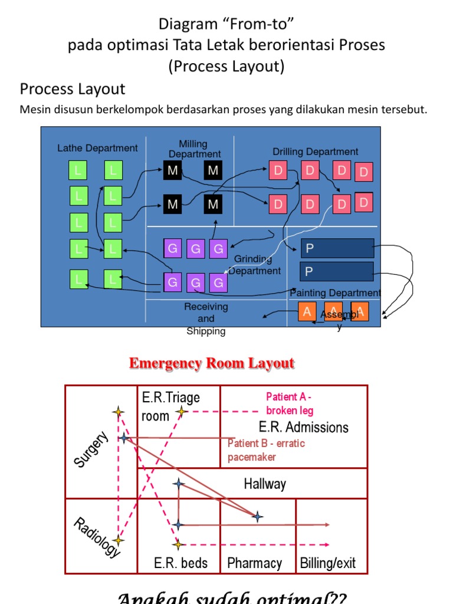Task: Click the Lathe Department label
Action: pyautogui.click(x=97, y=148)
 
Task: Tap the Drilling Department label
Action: pyautogui.click(x=315, y=152)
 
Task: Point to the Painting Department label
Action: pyautogui.click(x=335, y=293)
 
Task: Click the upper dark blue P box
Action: pyautogui.click(x=337, y=248)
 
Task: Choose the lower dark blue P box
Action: pyautogui.click(x=337, y=272)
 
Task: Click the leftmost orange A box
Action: pyautogui.click(x=307, y=312)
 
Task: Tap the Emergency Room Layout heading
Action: pyautogui.click(x=211, y=363)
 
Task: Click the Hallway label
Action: pyautogui.click(x=265, y=484)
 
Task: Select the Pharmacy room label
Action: pyautogui.click(x=254, y=563)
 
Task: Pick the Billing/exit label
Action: pyautogui.click(x=328, y=563)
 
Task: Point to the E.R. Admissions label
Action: pyautogui.click(x=303, y=427)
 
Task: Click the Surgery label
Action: pyautogui.click(x=91, y=449)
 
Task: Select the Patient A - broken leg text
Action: pyautogui.click(x=290, y=403)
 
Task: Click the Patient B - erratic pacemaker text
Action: pyautogui.click(x=266, y=450)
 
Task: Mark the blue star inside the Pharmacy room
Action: pyautogui.click(x=257, y=517)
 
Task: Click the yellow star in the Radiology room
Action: pyautogui.click(x=119, y=540)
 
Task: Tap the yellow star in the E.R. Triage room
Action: pyautogui.click(x=182, y=412)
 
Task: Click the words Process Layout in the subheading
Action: pyautogui.click(x=73, y=89)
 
